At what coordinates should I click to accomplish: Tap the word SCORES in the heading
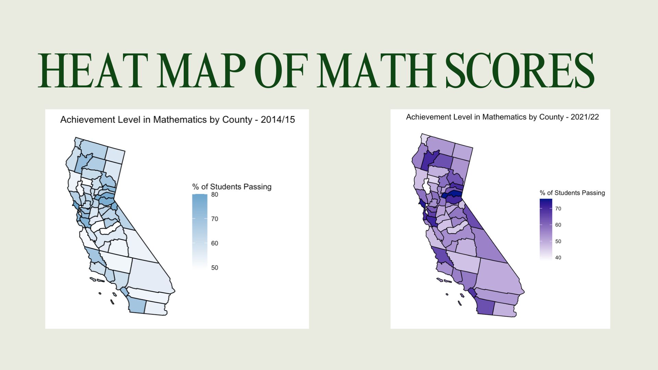click(520, 71)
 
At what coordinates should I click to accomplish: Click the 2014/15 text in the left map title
click(278, 120)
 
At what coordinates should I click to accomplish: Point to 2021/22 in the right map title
click(585, 117)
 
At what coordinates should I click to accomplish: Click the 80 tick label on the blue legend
click(215, 195)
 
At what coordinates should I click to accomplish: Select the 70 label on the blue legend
click(215, 219)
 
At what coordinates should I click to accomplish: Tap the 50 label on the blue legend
click(215, 268)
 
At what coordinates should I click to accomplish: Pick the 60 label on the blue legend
click(215, 243)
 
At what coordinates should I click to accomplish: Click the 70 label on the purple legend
click(558, 209)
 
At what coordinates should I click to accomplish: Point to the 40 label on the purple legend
click(558, 258)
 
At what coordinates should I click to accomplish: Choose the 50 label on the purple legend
click(558, 241)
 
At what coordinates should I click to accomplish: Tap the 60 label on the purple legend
click(558, 225)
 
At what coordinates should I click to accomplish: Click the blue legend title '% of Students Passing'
click(232, 187)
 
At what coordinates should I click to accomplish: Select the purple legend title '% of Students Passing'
click(572, 193)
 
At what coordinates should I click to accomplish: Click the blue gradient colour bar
click(200, 231)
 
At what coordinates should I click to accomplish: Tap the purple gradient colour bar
click(546, 230)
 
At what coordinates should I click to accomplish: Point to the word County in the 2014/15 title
click(237, 120)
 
